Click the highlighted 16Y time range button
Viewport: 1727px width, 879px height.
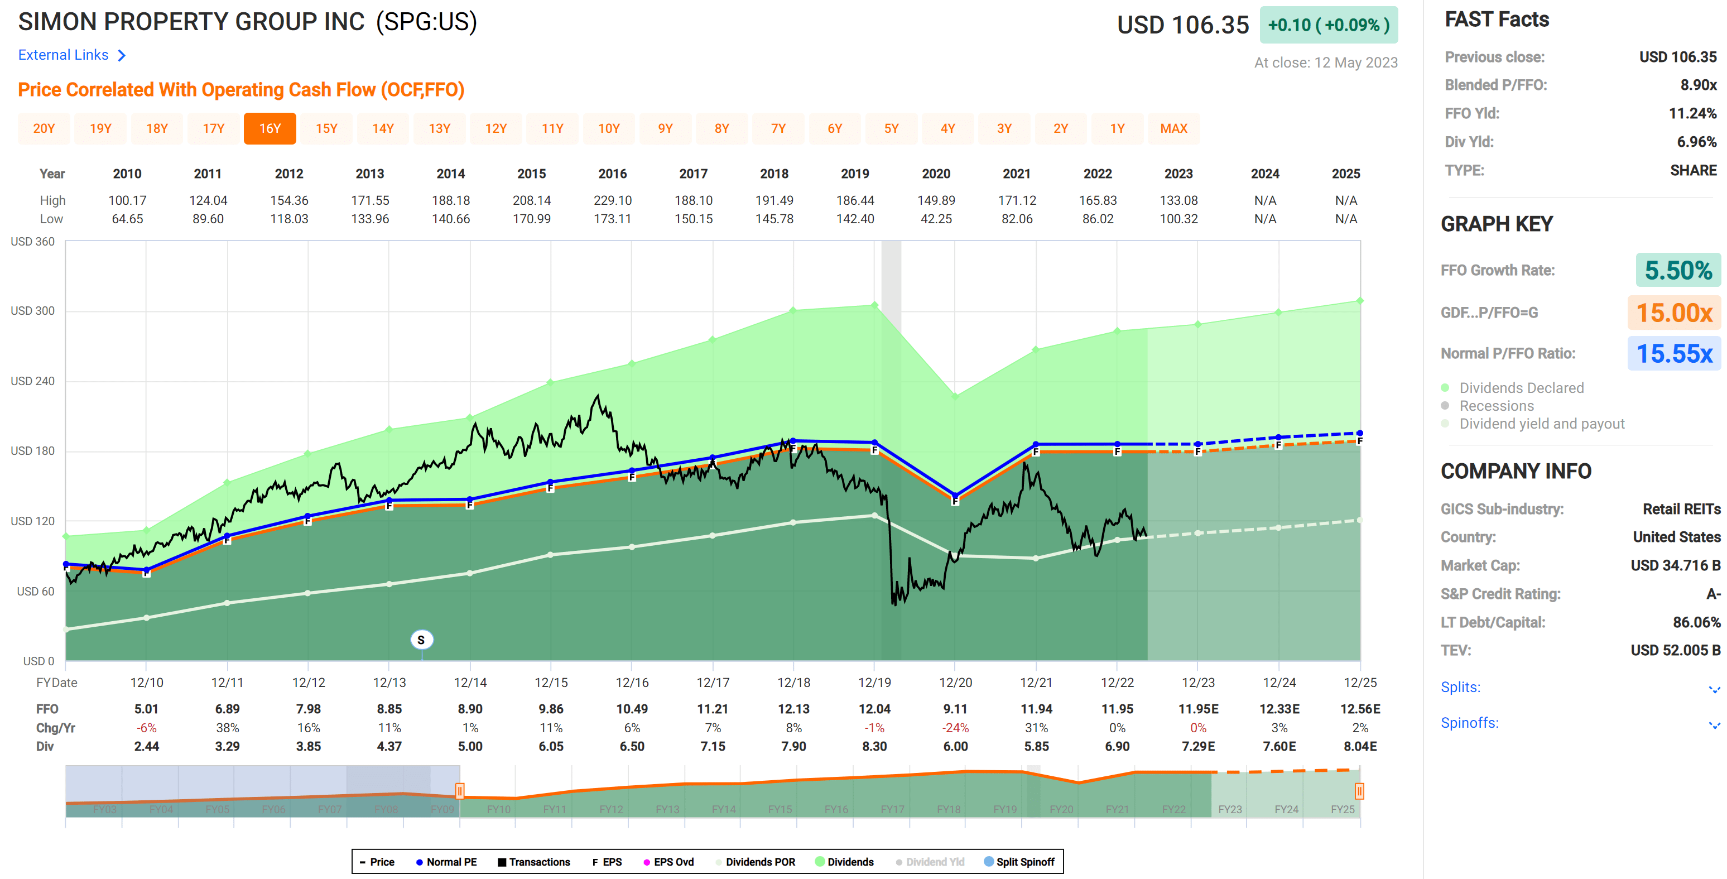coord(270,128)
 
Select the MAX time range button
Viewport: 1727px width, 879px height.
coord(1173,128)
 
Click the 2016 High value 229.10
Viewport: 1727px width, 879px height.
coord(612,200)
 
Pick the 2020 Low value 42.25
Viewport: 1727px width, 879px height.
coord(936,219)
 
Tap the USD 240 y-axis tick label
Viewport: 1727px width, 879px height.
coord(32,381)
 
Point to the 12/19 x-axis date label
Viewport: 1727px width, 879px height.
coord(874,682)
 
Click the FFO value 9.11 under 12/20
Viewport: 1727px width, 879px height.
coord(955,709)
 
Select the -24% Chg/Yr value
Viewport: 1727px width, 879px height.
coord(955,727)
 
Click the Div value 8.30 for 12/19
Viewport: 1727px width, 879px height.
coord(874,746)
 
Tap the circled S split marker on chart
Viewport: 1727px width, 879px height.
coord(421,640)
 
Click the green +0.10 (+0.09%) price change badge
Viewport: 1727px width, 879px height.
coord(1328,25)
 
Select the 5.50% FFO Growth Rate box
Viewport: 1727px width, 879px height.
coord(1677,270)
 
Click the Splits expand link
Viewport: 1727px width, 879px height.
coord(1461,687)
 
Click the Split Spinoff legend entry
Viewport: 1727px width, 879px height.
coord(1019,862)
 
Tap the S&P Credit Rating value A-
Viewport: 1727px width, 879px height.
coord(1712,594)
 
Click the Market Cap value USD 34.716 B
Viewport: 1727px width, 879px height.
coord(1675,565)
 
